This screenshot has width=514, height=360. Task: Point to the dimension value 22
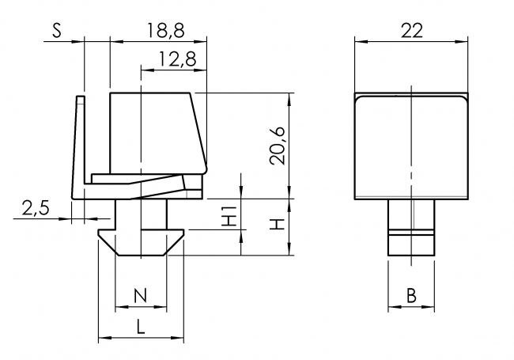[411, 30]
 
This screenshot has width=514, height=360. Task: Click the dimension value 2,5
[34, 208]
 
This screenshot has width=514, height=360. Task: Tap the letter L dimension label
[139, 324]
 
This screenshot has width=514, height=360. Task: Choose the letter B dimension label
[411, 296]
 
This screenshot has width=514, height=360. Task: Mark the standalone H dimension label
[276, 225]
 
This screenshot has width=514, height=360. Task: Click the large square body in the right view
[411, 146]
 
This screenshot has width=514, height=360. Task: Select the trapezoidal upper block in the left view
[154, 131]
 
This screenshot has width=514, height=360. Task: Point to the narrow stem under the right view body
[411, 225]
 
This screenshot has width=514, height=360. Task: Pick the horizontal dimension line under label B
[411, 308]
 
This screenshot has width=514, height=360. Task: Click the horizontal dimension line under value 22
[411, 42]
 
